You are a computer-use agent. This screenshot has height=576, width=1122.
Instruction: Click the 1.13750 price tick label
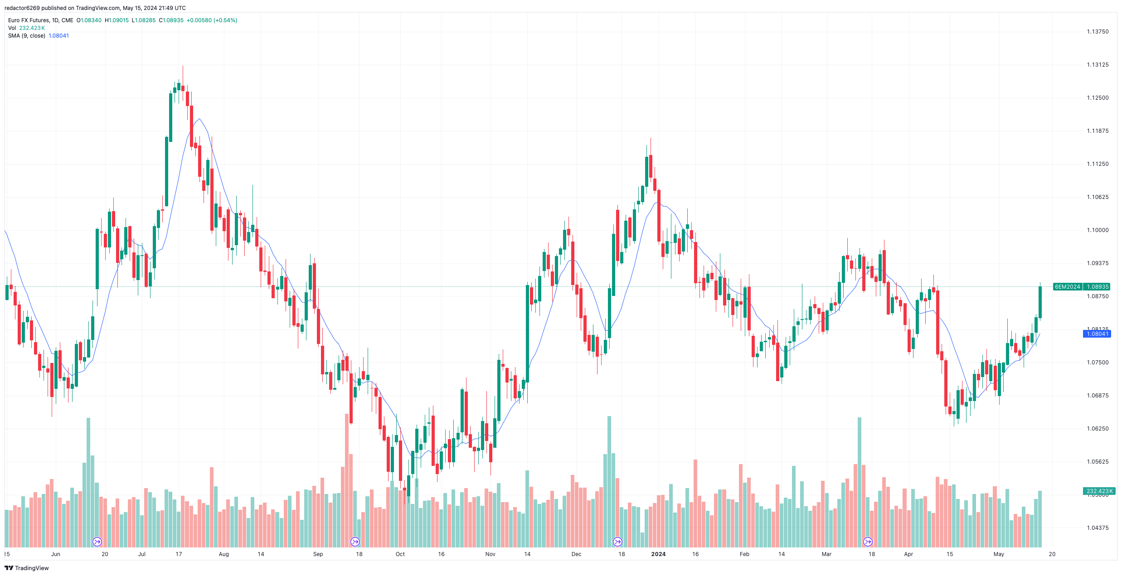(1098, 32)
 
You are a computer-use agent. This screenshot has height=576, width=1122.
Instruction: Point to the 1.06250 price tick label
(1098, 429)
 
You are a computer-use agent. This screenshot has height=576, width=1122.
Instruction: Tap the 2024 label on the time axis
(658, 554)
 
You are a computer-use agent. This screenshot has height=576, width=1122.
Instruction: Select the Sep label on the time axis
(318, 554)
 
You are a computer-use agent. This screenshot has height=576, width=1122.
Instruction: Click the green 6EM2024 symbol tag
(1067, 287)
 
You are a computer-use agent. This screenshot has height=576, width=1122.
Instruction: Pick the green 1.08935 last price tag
(1098, 287)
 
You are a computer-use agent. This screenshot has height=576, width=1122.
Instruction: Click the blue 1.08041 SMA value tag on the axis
(1097, 334)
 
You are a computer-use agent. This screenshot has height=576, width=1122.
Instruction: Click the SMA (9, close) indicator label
(27, 36)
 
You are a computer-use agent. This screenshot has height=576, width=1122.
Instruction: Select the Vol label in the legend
(12, 28)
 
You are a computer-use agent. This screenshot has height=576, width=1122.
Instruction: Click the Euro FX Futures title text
(29, 20)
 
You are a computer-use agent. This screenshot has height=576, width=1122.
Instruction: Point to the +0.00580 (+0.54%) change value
(212, 20)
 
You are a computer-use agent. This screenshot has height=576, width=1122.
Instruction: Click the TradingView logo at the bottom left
(27, 568)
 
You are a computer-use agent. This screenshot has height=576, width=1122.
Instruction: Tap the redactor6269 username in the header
(22, 8)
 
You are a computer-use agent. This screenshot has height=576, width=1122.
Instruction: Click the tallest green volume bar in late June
(88, 480)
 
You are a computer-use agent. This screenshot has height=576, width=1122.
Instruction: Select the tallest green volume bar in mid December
(609, 480)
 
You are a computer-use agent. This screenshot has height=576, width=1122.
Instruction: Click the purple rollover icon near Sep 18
(355, 542)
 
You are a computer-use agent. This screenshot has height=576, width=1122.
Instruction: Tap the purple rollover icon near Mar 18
(868, 542)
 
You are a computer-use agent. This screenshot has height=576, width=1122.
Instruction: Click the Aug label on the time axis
(223, 554)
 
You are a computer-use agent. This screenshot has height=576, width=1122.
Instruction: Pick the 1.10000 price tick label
(1098, 230)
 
